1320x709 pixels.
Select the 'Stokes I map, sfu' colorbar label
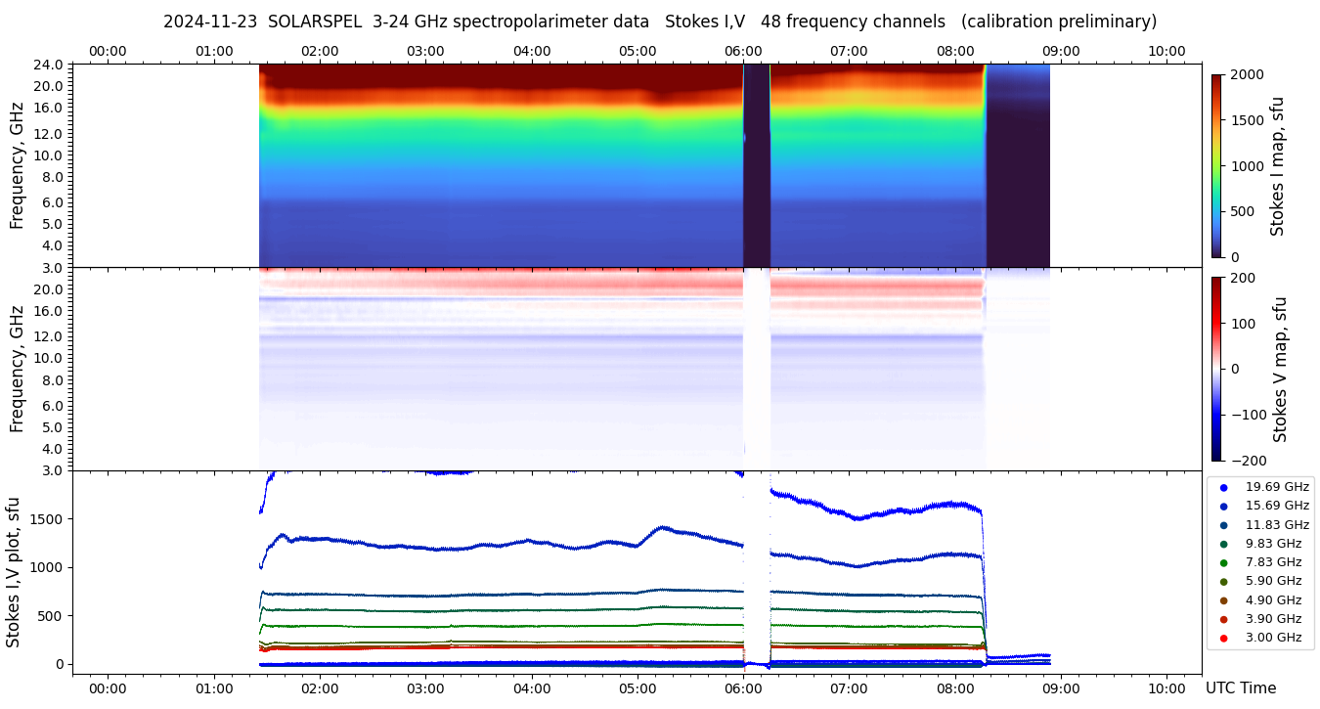coord(1277,166)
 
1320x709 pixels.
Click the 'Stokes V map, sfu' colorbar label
coord(1279,370)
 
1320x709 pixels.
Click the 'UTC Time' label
coord(1241,688)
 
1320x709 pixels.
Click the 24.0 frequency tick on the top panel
coord(50,65)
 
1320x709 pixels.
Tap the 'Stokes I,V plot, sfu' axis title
coord(14,572)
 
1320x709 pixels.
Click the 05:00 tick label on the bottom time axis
coord(638,688)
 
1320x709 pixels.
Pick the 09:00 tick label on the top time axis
coord(1061,51)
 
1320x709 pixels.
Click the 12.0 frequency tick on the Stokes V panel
coord(50,336)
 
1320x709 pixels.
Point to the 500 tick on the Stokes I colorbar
coord(1242,211)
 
